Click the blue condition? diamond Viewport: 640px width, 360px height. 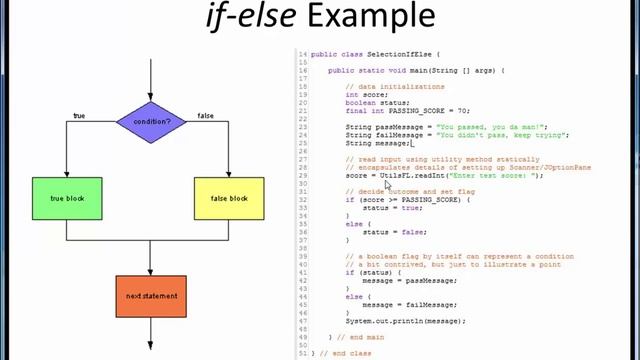pos(151,122)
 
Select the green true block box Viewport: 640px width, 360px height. pos(67,198)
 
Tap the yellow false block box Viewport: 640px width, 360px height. pos(229,198)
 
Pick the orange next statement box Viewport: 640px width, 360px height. pos(151,296)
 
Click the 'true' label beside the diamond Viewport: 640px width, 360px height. pos(79,116)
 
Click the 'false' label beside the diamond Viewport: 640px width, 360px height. pos(205,116)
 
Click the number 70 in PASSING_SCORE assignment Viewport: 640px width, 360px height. pos(461,111)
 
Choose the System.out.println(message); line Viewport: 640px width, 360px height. pos(406,321)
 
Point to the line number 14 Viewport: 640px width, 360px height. pos(302,54)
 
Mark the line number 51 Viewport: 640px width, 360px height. pos(302,353)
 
